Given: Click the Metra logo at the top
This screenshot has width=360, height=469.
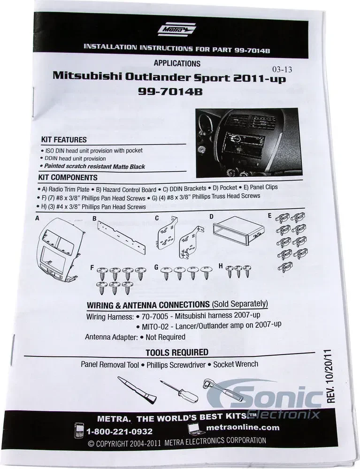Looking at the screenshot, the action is click(176, 29).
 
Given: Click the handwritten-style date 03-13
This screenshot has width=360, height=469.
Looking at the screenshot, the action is click(282, 69).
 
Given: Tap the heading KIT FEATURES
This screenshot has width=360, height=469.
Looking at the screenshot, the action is click(64, 140).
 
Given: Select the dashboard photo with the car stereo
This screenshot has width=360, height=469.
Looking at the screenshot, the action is click(249, 143).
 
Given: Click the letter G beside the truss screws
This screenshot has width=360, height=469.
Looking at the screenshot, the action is click(156, 267).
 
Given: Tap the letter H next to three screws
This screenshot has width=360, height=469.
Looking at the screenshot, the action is click(221, 265).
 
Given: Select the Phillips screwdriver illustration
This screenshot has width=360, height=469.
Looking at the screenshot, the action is click(179, 390).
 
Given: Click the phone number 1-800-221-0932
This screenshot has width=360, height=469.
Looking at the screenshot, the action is click(119, 431).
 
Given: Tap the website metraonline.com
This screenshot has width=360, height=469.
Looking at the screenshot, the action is click(243, 427).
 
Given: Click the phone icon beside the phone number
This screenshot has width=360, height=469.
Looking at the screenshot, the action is click(79, 430).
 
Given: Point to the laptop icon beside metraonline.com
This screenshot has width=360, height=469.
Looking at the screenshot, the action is click(196, 429).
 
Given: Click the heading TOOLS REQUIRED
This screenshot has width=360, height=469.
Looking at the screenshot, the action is click(177, 352).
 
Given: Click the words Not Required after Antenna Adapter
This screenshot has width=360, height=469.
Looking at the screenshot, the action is click(166, 337).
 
